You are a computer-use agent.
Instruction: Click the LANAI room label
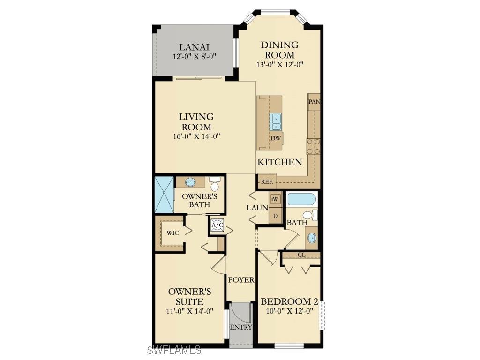(x=194, y=47)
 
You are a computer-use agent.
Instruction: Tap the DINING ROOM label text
(x=279, y=50)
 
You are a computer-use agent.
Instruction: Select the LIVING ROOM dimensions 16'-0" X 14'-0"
(x=196, y=136)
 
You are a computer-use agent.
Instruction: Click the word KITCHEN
(x=279, y=162)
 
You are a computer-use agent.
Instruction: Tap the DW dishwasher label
(x=276, y=138)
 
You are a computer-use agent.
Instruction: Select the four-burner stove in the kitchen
(x=314, y=146)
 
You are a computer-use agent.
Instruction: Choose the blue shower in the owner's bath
(x=164, y=195)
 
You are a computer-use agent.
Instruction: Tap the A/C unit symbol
(x=217, y=225)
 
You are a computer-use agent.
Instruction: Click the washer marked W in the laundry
(x=276, y=198)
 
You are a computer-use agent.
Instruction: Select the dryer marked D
(x=276, y=216)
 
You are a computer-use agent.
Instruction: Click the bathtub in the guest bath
(x=302, y=200)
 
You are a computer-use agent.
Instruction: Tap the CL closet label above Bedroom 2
(x=301, y=255)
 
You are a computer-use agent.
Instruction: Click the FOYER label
(x=241, y=280)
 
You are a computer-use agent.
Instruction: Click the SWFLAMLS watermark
(x=174, y=350)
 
